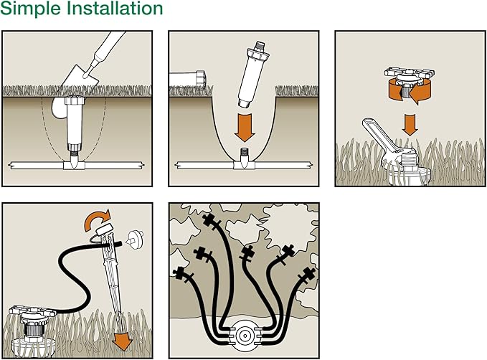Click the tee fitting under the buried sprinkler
click(x=74, y=165)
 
